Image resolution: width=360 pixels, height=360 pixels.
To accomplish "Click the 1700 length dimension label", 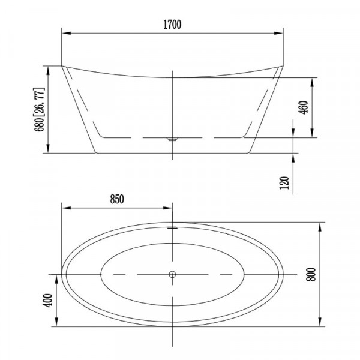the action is click(172, 25).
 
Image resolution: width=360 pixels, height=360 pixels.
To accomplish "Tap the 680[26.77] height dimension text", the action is click(39, 109).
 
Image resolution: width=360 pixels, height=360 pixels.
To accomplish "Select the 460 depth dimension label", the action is click(303, 107).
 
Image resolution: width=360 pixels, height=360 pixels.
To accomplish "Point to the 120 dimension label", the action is click(284, 183).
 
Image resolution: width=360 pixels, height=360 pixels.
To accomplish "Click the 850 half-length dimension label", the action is click(117, 199).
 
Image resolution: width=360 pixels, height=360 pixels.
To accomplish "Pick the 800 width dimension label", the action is click(311, 274).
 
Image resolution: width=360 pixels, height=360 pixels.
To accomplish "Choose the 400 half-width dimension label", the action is click(48, 300).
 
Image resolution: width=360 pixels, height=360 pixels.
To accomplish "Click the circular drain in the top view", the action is click(172, 274).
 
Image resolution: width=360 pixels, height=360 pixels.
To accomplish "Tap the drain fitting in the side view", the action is click(172, 139).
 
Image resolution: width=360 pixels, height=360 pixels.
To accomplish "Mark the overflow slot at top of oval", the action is click(172, 228).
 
